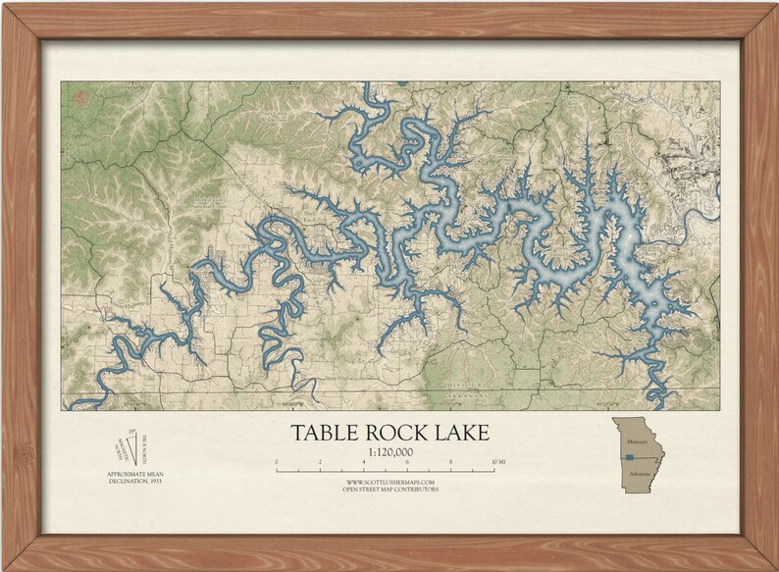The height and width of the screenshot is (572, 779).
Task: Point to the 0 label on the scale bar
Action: [277, 460]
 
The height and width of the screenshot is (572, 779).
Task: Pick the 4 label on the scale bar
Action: [364, 460]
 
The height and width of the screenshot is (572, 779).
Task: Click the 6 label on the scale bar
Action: [407, 460]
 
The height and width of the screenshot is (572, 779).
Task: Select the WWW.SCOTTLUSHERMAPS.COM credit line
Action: [390, 482]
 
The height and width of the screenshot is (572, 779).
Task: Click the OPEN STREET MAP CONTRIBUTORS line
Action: [390, 489]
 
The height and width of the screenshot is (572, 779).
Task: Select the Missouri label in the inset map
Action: [633, 442]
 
